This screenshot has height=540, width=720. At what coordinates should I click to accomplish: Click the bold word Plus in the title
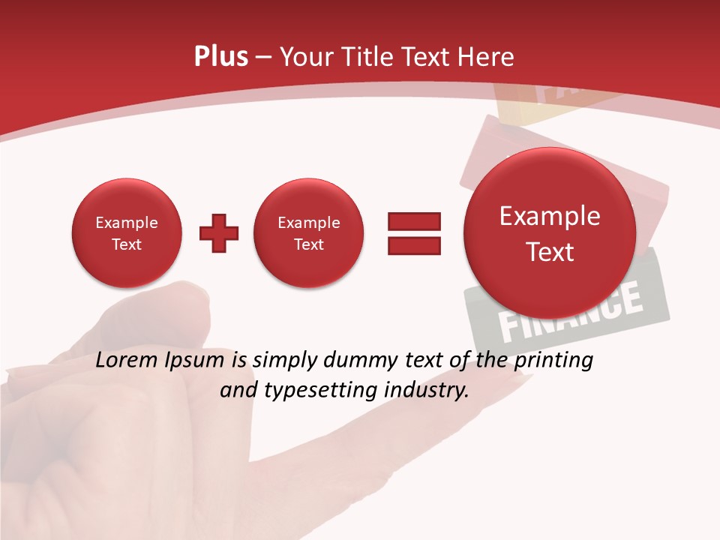[x=220, y=57]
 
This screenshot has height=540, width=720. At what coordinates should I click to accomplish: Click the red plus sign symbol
[x=219, y=233]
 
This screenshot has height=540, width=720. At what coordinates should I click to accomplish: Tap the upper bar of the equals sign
[x=413, y=221]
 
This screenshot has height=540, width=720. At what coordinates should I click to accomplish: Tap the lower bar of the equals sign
[x=413, y=245]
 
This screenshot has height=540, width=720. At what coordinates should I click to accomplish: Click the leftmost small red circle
[x=127, y=233]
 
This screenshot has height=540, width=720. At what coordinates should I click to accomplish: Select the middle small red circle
[x=309, y=233]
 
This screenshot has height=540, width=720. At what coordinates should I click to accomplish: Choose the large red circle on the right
[x=550, y=233]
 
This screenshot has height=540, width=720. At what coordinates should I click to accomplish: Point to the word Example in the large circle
[x=550, y=216]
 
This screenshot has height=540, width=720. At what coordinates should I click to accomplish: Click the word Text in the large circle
[x=550, y=252]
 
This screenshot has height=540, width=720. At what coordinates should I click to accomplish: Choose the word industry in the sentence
[x=427, y=391]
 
